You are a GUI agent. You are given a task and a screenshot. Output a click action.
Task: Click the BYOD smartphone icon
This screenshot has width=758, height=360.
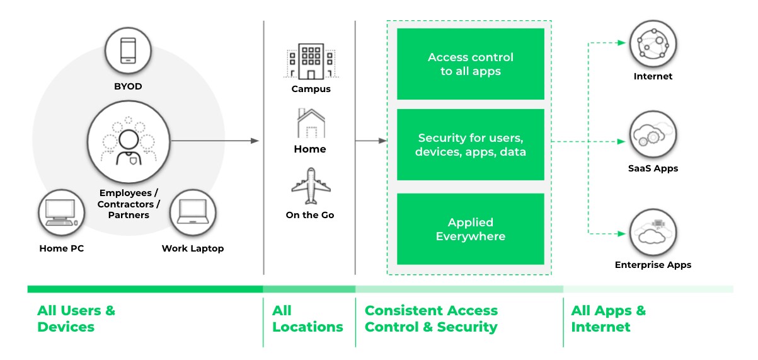point(129,50)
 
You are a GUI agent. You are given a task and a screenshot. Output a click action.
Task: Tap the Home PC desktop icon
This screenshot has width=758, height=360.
point(62,213)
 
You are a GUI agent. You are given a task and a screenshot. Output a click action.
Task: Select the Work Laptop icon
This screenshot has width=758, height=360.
point(192,213)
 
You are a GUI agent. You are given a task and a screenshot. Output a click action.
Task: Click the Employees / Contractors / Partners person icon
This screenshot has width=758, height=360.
point(129,143)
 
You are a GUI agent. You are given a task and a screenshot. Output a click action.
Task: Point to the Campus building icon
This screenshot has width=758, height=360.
point(311,61)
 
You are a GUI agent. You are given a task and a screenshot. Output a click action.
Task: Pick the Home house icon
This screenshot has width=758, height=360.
point(310,124)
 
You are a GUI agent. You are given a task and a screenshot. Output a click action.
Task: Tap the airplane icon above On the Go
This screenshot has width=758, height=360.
point(310,186)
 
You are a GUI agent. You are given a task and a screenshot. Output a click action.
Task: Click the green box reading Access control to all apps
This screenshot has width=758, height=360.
point(470,64)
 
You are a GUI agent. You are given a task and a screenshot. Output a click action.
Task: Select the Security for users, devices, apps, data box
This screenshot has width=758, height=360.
point(470,144)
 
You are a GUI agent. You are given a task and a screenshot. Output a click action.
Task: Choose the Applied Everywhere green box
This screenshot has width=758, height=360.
point(470,229)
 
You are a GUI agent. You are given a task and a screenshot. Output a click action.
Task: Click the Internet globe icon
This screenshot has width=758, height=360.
point(653,44)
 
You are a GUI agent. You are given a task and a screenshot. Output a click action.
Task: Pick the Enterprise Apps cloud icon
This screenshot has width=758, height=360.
point(653,233)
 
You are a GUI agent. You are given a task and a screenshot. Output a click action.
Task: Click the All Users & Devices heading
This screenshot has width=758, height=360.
point(76,318)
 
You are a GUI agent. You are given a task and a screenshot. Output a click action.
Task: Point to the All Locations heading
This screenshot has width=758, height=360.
point(307,318)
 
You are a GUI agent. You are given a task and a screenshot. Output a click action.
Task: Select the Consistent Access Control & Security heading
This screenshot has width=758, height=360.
point(431,318)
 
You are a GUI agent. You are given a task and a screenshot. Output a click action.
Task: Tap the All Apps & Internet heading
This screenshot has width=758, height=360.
point(608,318)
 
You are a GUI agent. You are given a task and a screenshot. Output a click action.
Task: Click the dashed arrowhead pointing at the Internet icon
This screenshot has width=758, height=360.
point(621,44)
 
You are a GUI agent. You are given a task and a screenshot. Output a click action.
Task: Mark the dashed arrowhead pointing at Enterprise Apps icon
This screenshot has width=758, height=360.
point(621,233)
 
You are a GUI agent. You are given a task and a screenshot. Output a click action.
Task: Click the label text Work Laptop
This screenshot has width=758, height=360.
point(192,248)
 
